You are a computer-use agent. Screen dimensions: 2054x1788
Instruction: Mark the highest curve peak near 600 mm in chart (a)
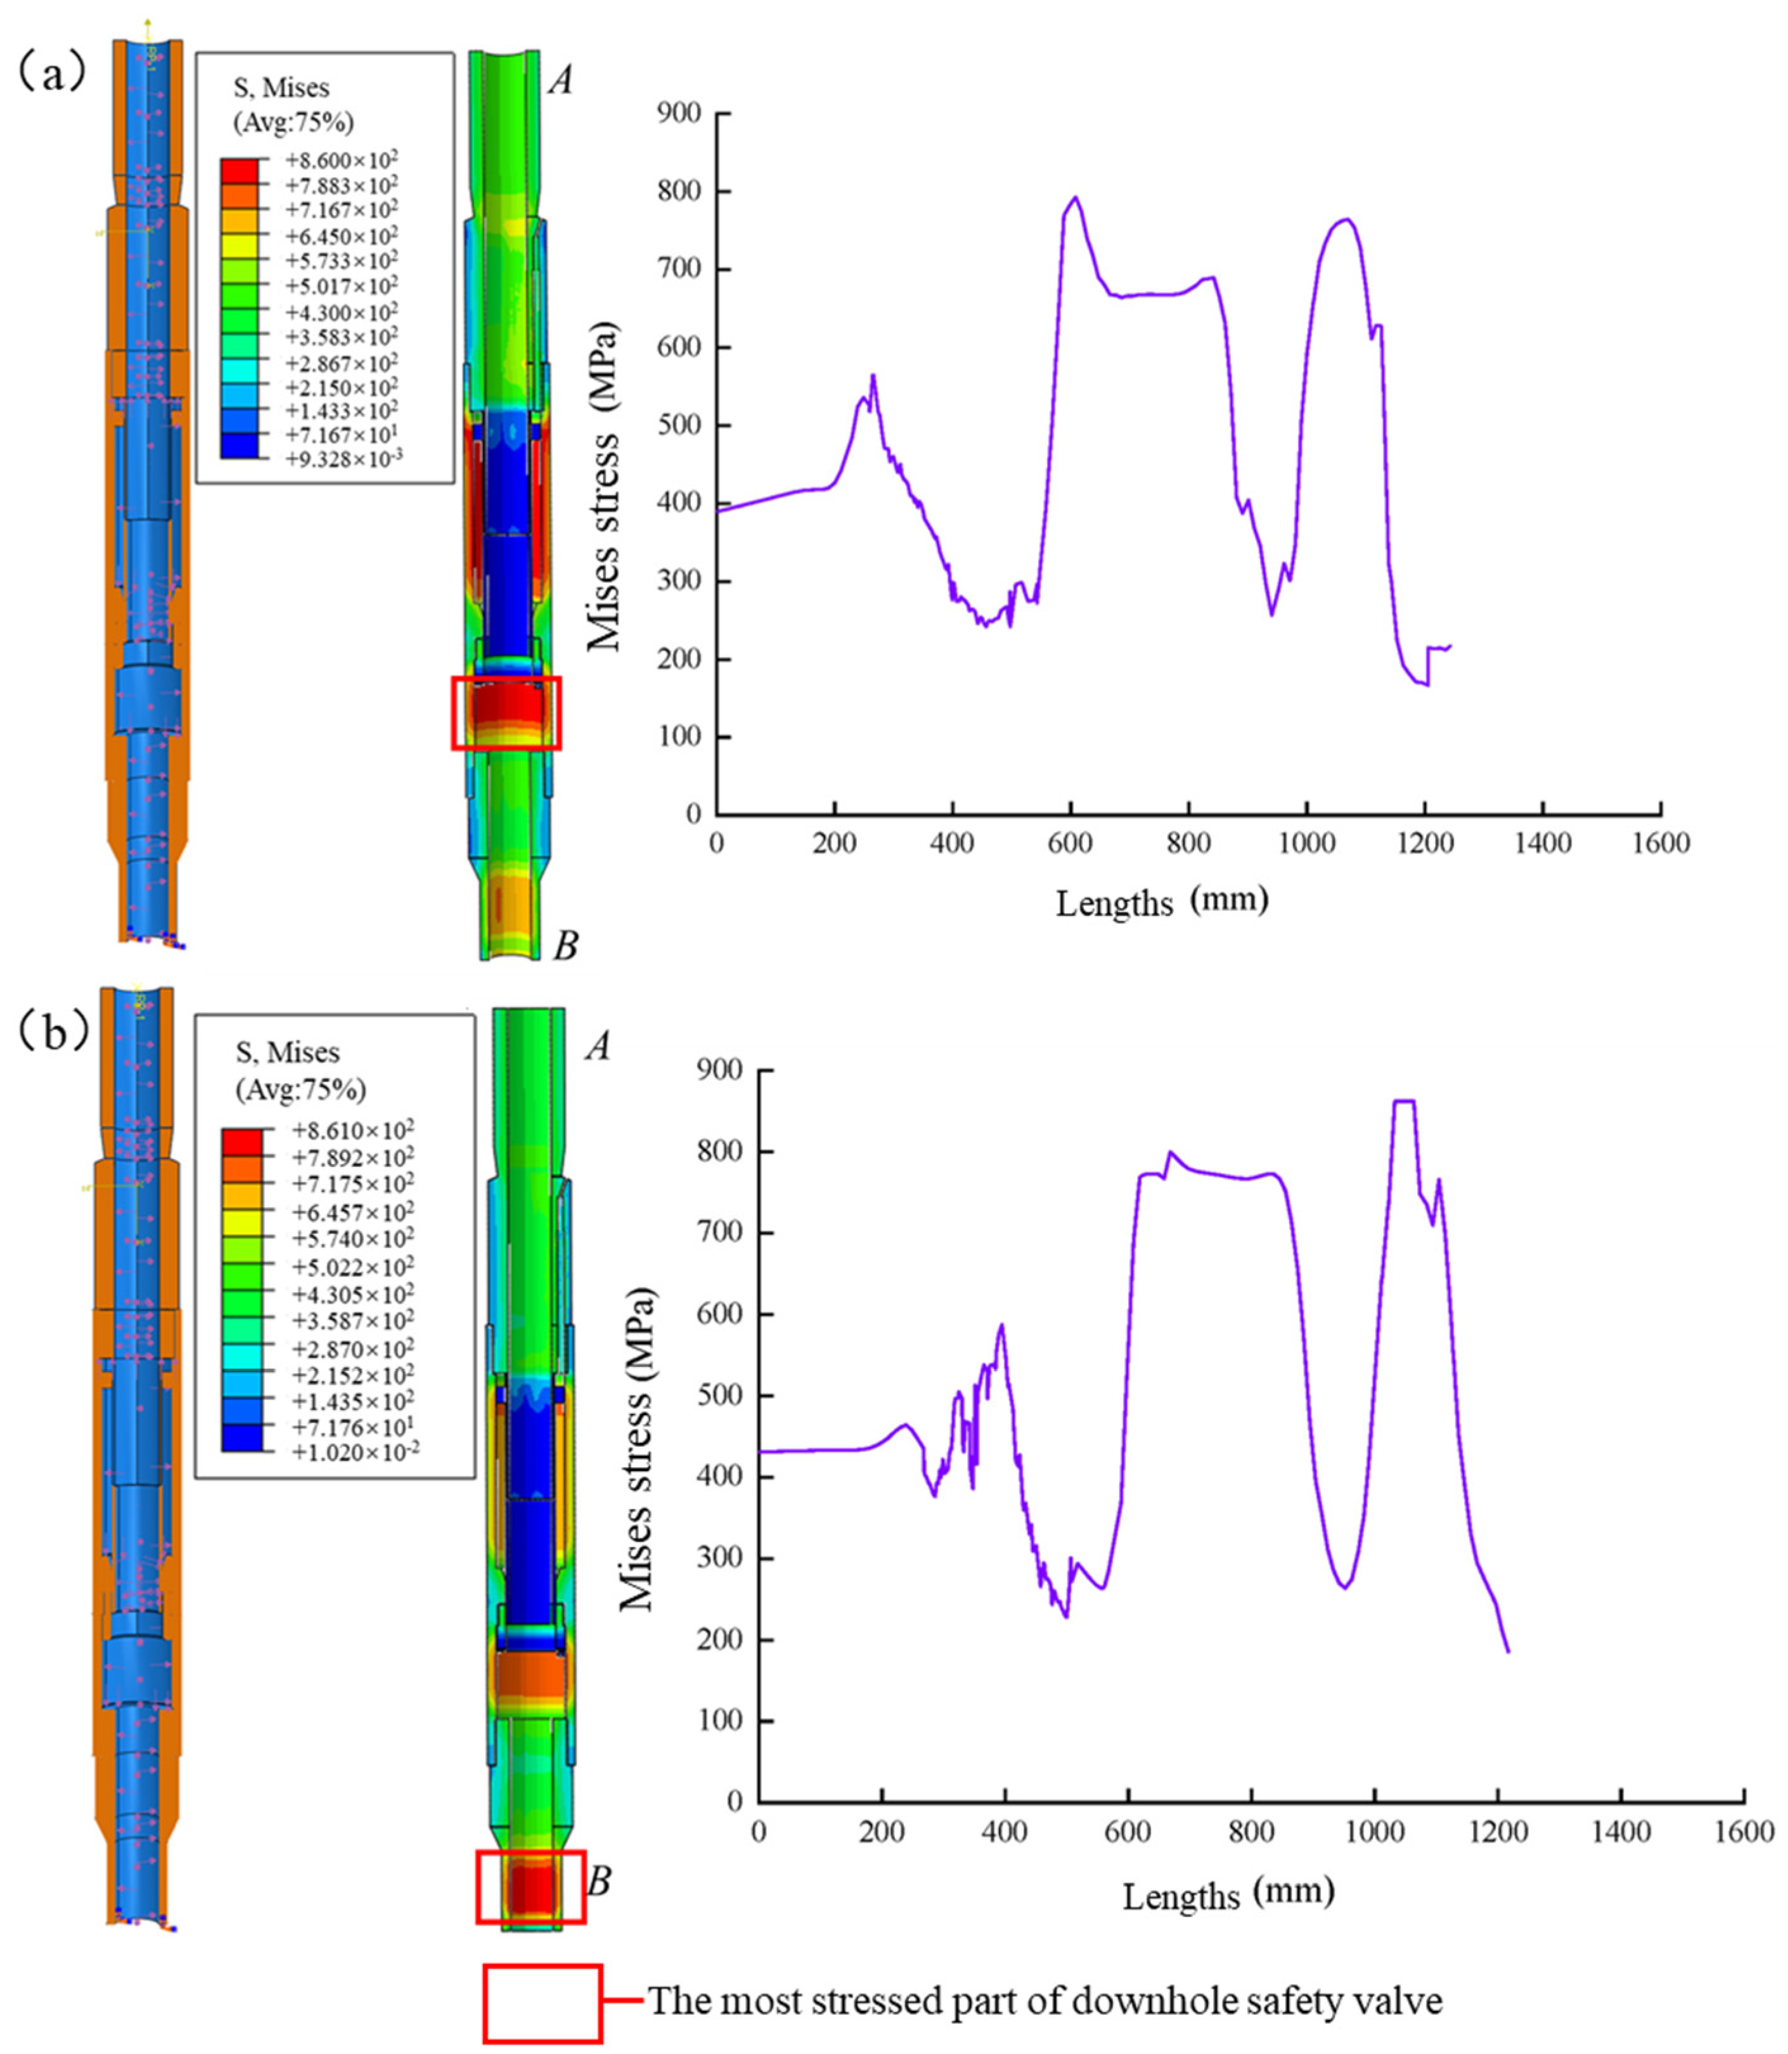(x=1074, y=198)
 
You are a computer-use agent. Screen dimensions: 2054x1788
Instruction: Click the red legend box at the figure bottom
(x=543, y=2003)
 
